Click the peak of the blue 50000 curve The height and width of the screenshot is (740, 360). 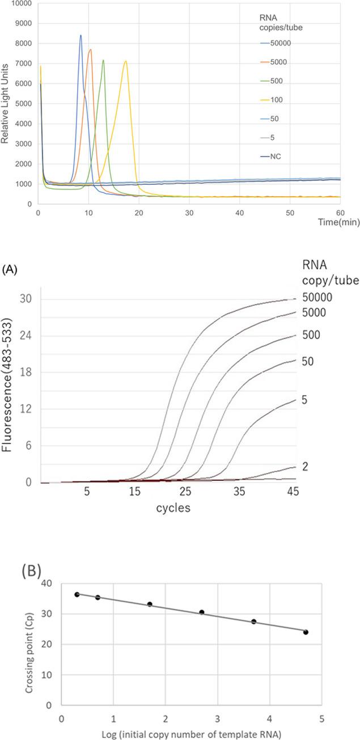click(81, 35)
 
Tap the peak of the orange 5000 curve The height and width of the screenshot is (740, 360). click(90, 49)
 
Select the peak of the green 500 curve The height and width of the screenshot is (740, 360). click(103, 60)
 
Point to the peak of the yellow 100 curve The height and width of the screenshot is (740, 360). click(125, 61)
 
